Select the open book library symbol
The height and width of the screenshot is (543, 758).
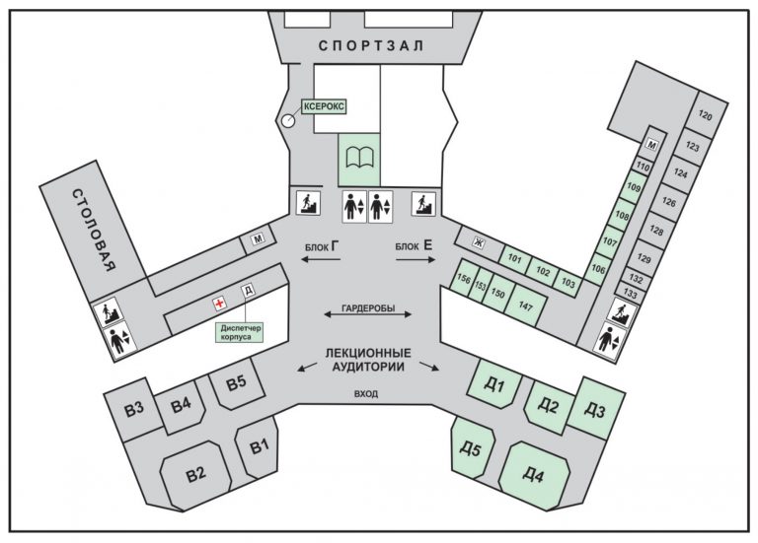[x=359, y=158]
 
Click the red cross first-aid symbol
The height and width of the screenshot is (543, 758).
[x=219, y=305]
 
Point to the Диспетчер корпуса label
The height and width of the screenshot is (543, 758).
[x=236, y=330]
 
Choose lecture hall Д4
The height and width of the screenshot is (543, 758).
[x=533, y=475]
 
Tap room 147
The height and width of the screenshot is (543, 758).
[x=525, y=305]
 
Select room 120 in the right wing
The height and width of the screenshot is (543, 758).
[x=705, y=116]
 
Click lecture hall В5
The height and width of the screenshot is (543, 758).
[x=236, y=382]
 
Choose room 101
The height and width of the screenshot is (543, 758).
[x=514, y=260]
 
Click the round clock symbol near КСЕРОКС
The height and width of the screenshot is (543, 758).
[x=287, y=121]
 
